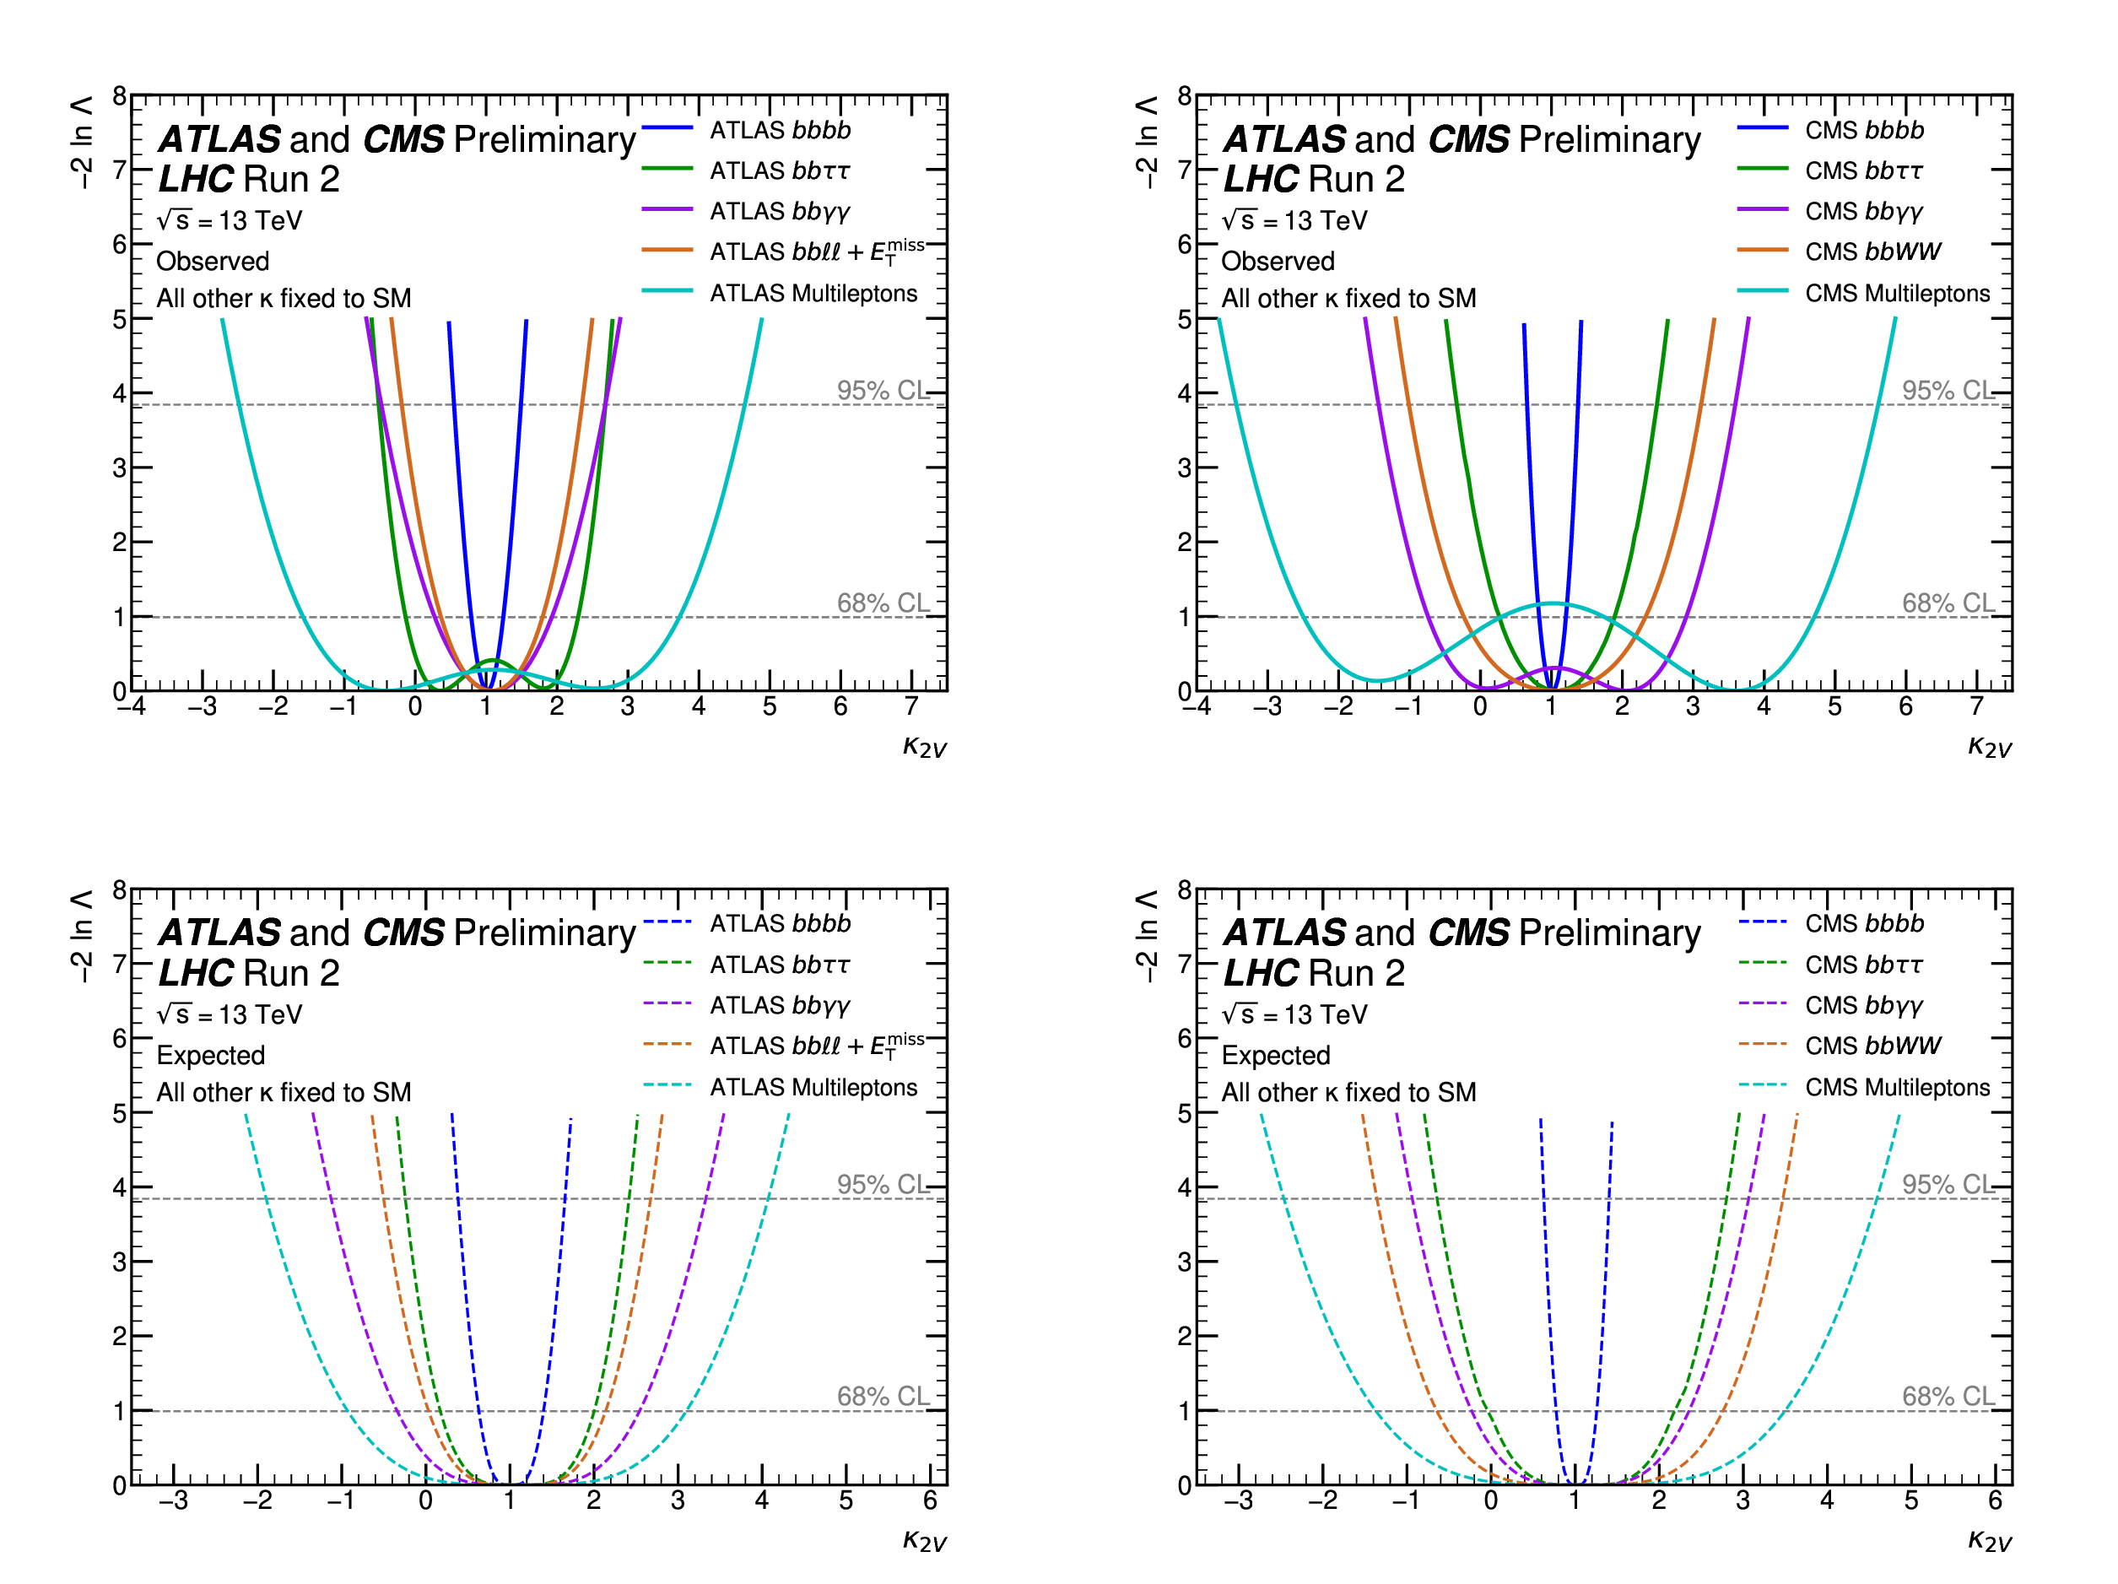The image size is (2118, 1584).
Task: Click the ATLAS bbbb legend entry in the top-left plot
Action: (x=780, y=129)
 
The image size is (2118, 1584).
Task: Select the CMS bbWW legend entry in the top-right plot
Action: (x=1872, y=251)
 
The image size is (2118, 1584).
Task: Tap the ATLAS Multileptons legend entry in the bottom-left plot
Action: (x=813, y=1087)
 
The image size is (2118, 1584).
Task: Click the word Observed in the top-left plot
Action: (x=213, y=262)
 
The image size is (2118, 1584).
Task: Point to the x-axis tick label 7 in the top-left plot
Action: (x=911, y=707)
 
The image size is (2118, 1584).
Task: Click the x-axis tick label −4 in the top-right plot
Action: (x=1196, y=707)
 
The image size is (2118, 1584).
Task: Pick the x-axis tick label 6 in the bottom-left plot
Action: (x=930, y=1500)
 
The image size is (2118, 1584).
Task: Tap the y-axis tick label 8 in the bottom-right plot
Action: (x=1185, y=889)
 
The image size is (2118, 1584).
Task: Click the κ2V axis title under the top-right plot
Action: (x=1989, y=747)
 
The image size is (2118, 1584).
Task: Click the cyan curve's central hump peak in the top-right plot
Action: (x=1552, y=603)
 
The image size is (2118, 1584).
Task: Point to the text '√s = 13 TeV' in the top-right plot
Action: (x=1294, y=221)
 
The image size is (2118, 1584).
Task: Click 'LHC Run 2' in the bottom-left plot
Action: (x=249, y=973)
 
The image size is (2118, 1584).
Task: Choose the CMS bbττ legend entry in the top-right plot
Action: (x=1863, y=170)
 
